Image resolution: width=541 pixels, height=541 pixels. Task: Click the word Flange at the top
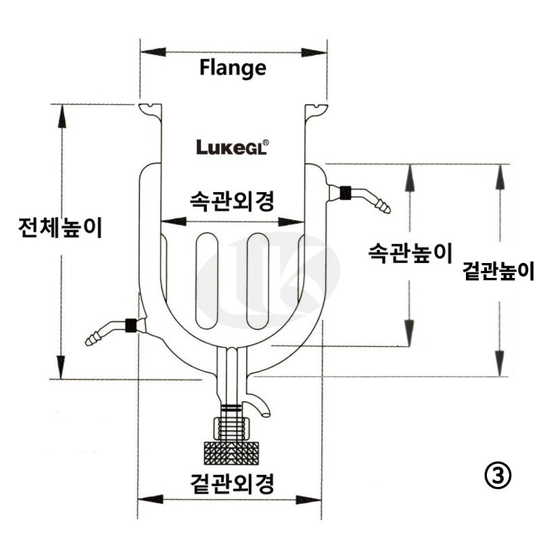[233, 68]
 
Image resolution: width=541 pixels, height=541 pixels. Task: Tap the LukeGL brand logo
[233, 147]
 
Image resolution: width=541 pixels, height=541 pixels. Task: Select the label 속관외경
[232, 200]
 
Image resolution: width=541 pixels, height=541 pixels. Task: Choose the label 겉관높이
[498, 272]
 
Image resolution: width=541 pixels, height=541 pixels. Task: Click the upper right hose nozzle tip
[385, 205]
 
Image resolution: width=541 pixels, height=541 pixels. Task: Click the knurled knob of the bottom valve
[231, 450]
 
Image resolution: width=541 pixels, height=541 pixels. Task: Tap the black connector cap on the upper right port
[345, 193]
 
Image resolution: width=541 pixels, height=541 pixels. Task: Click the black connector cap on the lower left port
[132, 325]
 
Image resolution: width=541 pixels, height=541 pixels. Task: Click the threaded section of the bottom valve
[231, 427]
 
